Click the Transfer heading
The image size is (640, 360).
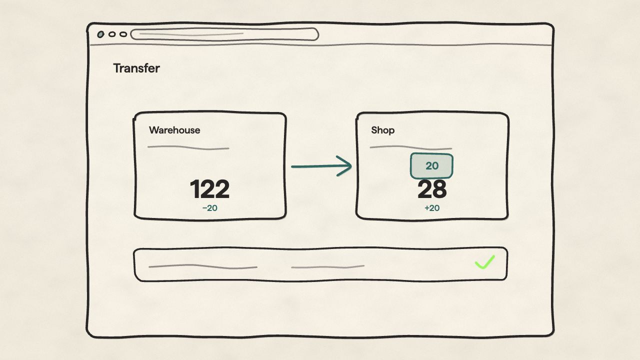(136, 68)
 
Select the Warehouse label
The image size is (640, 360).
(174, 130)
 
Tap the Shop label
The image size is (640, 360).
(383, 130)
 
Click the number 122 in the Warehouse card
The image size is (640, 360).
(209, 189)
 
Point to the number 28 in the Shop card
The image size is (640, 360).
(431, 189)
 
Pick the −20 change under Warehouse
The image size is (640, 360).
(209, 208)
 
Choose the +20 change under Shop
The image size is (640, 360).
(432, 208)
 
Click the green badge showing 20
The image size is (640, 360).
(431, 166)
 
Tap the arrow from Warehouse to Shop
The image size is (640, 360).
(321, 166)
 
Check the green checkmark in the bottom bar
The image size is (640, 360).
(484, 262)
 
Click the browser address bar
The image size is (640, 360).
(224, 34)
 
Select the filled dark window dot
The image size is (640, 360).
(100, 34)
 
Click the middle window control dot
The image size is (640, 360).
(112, 34)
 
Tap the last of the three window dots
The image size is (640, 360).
(123, 34)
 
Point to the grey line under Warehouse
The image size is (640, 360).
(188, 147)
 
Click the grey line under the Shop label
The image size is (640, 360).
(411, 147)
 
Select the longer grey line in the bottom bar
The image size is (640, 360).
(203, 266)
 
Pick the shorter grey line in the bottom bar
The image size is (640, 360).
(327, 267)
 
